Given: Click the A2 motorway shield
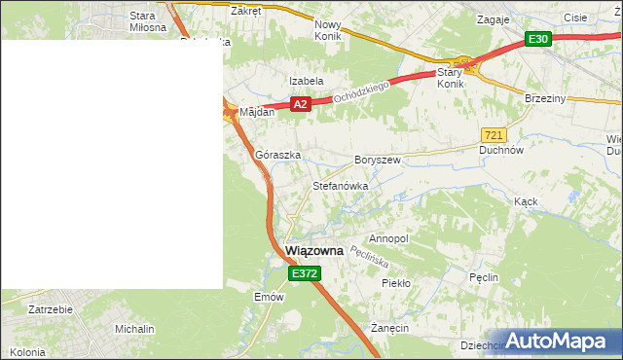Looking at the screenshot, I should (300, 104).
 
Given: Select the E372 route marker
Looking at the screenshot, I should (304, 274).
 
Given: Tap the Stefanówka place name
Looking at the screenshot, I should (340, 185).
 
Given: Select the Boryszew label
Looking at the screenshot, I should (378, 159).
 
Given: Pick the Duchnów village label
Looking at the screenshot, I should (502, 151).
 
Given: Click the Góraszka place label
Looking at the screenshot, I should (277, 155).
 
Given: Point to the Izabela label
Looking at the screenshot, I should (306, 81).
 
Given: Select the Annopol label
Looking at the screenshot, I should (389, 238).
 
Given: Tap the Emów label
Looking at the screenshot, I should (268, 297).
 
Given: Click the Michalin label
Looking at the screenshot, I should (134, 329).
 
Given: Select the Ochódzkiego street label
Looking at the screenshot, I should (361, 93).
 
